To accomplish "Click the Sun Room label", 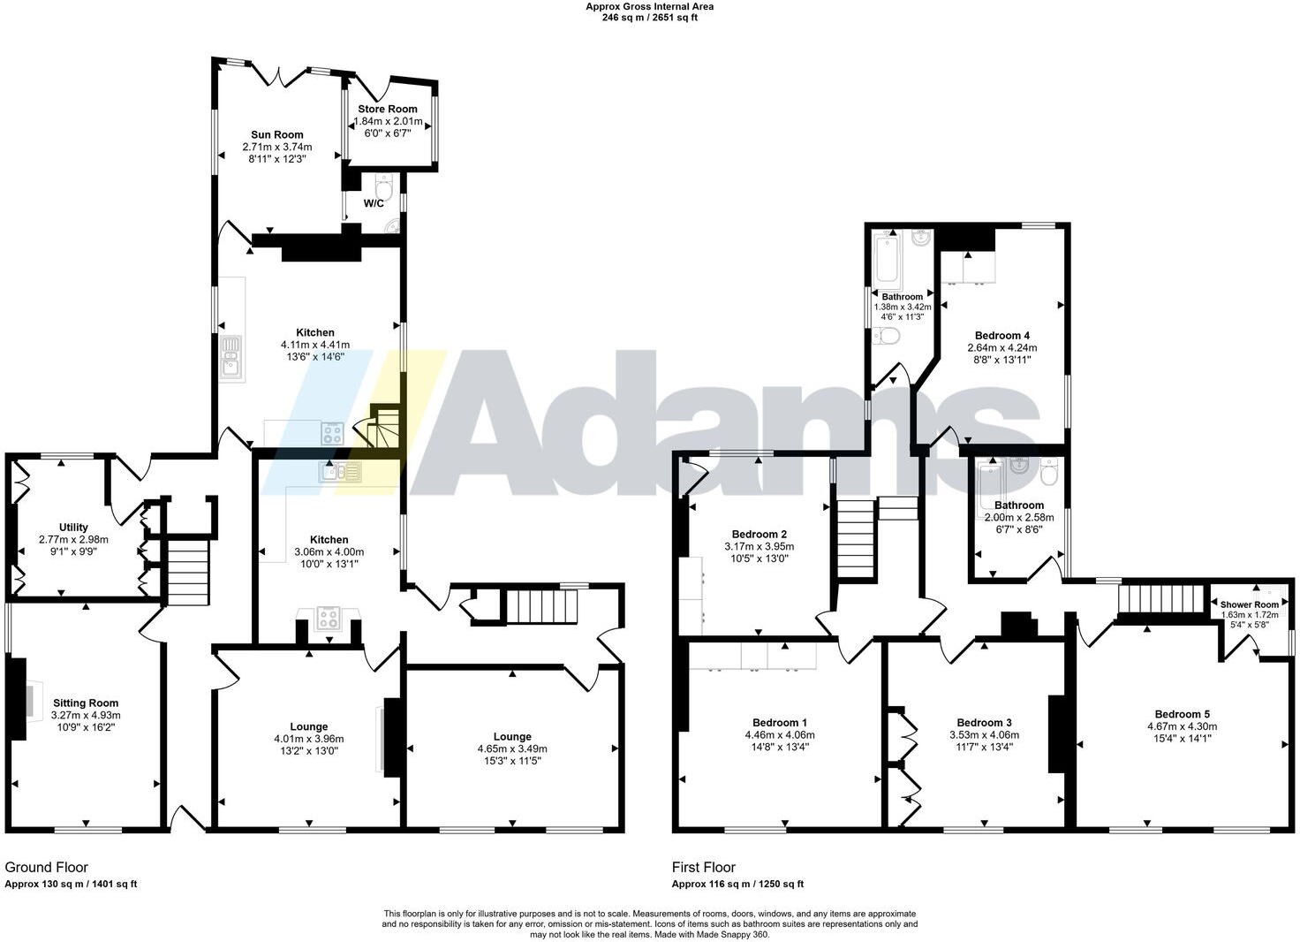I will point(276,135).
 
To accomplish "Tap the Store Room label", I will point(388,110).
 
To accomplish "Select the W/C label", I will point(374,203).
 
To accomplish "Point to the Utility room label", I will point(73,528).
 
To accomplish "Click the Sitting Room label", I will point(86,703).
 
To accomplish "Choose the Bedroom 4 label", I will point(1002,336).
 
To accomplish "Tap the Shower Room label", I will point(1249,604).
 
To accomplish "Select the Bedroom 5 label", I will point(1182,714).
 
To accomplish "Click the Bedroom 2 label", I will point(760,534).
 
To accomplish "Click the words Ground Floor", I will point(47,868).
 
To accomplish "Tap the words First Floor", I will point(704,868).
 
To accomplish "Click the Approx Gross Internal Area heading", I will point(650,6).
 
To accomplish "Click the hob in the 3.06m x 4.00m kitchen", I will point(329,618).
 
